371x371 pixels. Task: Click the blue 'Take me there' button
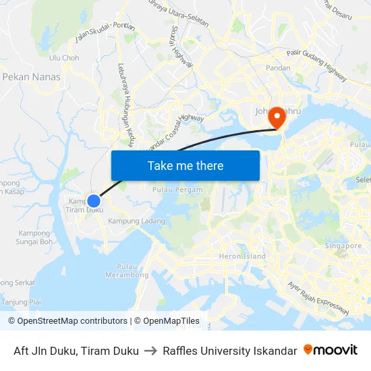coord(185,165)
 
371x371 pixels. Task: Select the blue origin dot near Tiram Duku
coord(94,200)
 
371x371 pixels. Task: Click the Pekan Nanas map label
coord(32,77)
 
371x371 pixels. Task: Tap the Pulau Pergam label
coord(177,190)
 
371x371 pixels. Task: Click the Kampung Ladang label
coord(136,221)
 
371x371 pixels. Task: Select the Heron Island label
coord(242,256)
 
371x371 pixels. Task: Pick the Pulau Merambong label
coord(127,270)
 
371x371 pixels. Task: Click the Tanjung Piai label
coord(22,302)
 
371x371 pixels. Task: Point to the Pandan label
coord(278,68)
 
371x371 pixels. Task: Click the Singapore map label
coord(343,246)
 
